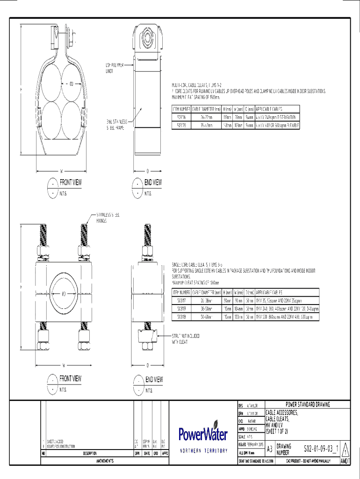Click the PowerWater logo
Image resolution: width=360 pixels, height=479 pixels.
[x=203, y=434]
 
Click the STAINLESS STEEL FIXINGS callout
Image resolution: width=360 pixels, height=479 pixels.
[x=108, y=218]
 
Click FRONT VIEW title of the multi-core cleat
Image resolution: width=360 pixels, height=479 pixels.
[x=71, y=182]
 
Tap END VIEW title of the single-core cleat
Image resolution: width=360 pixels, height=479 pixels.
[x=154, y=379]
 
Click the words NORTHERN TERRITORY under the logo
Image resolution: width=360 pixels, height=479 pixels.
[x=204, y=451]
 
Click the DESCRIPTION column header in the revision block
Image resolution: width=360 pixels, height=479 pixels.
[x=90, y=453]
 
